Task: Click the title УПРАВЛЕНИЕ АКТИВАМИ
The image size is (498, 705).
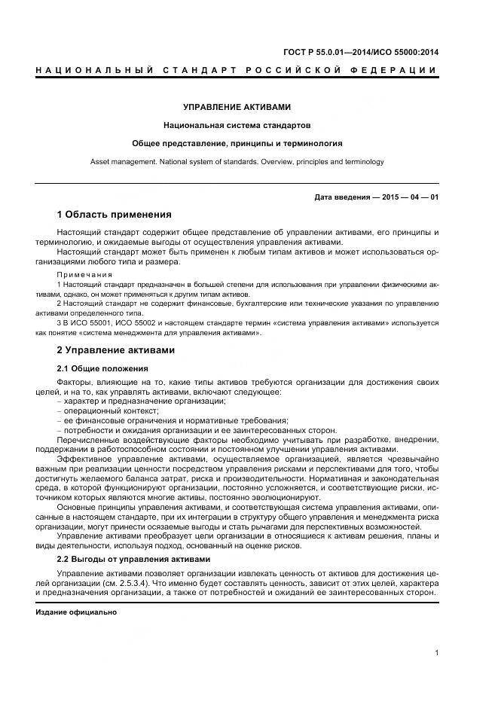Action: (237, 107)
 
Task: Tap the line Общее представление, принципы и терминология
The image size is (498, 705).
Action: (237, 142)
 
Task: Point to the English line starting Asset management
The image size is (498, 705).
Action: (237, 161)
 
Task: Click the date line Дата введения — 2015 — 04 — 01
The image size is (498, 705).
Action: (376, 198)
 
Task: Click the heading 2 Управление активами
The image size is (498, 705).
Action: (116, 350)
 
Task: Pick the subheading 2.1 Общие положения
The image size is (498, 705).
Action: (102, 368)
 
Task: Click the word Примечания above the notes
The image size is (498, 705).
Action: (84, 275)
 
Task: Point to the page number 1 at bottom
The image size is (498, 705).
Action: (436, 653)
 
